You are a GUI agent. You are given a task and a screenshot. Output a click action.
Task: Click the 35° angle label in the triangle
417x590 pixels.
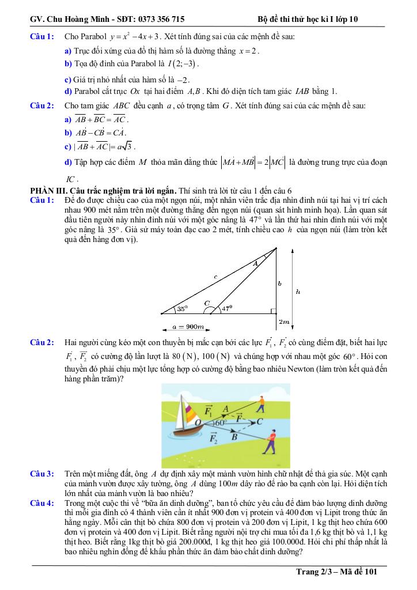click(183, 309)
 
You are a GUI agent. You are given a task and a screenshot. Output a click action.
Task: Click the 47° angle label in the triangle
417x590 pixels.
click(226, 308)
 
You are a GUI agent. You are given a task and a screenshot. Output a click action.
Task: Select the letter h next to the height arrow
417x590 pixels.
click(297, 292)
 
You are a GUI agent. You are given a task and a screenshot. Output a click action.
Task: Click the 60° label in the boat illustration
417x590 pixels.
click(220, 423)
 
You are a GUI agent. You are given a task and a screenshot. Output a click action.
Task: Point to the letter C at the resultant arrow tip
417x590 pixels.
click(260, 422)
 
